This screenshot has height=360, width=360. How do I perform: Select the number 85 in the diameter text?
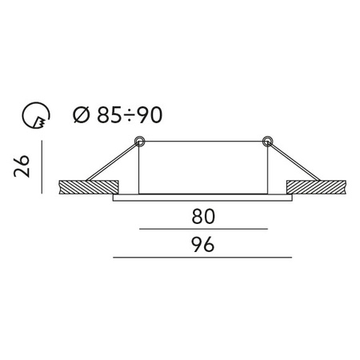click(105, 116)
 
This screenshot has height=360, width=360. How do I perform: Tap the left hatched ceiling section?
click(90, 188)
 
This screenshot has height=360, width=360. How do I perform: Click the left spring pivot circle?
click(139, 142)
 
